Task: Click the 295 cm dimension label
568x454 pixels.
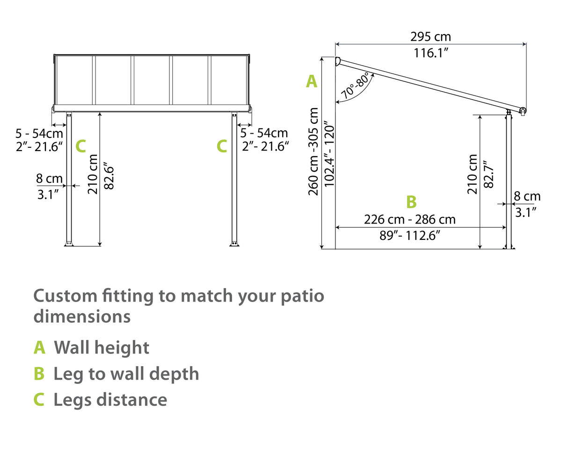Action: click(x=430, y=36)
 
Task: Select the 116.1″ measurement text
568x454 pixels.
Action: click(x=430, y=53)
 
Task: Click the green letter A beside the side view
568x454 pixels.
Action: click(x=312, y=81)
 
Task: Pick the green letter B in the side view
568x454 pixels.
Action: click(x=411, y=202)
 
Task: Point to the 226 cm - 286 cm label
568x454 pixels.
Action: click(x=409, y=219)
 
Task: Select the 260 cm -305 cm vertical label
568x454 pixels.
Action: click(x=313, y=151)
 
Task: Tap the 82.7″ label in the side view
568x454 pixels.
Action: click(x=488, y=174)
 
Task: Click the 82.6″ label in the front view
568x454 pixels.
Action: click(x=109, y=175)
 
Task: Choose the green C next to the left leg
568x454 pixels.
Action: click(x=80, y=146)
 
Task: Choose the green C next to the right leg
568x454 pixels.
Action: click(x=222, y=146)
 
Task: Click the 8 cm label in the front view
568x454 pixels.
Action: click(x=49, y=178)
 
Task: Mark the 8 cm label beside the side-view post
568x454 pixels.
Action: click(x=527, y=196)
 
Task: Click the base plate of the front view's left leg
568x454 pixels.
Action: click(x=69, y=244)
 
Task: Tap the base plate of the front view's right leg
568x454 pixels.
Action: click(x=234, y=244)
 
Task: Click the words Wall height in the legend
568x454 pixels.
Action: click(x=102, y=347)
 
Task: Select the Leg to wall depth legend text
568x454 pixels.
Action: click(x=126, y=374)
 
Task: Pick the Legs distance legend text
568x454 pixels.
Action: click(x=110, y=400)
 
